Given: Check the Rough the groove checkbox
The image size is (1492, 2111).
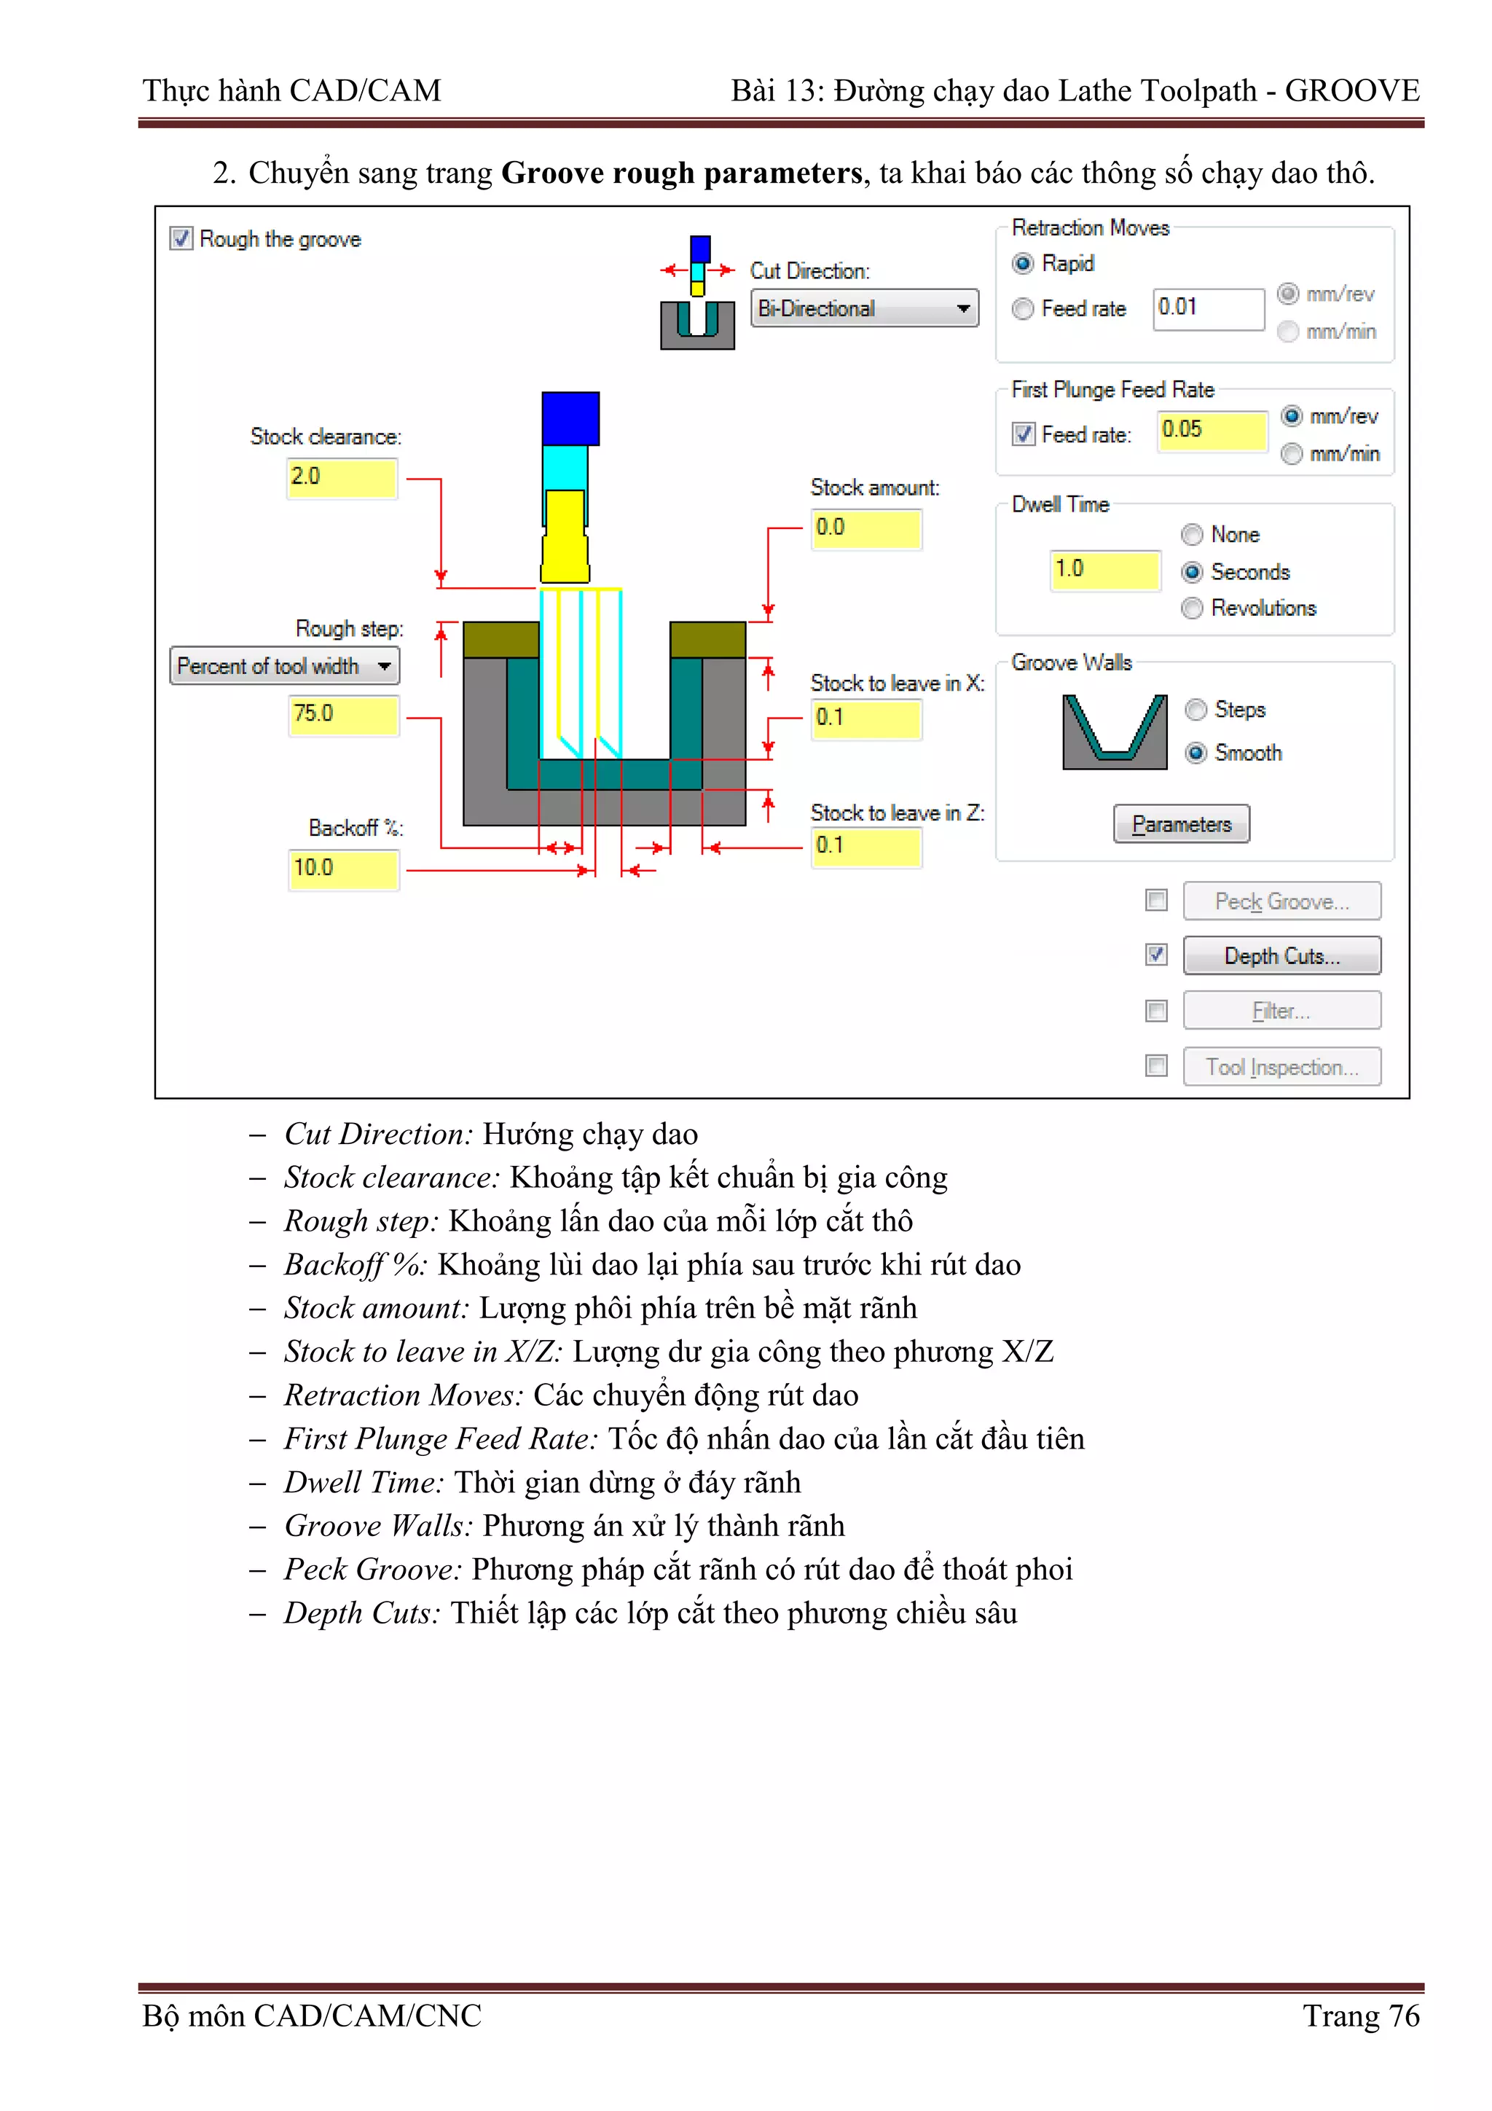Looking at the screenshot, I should click(x=181, y=239).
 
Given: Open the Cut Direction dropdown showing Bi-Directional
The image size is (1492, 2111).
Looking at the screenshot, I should click(x=864, y=309).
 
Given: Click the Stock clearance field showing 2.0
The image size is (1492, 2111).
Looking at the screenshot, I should click(x=341, y=477).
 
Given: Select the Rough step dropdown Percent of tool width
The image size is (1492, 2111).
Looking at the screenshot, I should click(x=284, y=666).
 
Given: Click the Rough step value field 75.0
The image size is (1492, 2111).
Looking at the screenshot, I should click(x=343, y=714).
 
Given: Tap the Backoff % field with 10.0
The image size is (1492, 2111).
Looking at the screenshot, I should click(x=343, y=869).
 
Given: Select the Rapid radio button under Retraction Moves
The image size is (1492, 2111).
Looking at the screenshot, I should click(x=1022, y=264).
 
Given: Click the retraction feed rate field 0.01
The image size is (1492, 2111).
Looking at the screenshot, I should click(x=1207, y=308).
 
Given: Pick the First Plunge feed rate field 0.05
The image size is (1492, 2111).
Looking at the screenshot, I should click(x=1211, y=431).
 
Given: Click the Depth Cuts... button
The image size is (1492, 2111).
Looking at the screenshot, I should click(x=1281, y=956).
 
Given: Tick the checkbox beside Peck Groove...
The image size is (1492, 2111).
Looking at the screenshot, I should click(x=1156, y=900).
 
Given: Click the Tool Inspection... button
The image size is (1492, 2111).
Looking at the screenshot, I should click(x=1281, y=1067).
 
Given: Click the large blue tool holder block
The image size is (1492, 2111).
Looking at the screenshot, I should click(x=570, y=418).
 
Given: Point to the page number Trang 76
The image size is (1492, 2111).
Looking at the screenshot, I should click(x=1361, y=2016).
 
